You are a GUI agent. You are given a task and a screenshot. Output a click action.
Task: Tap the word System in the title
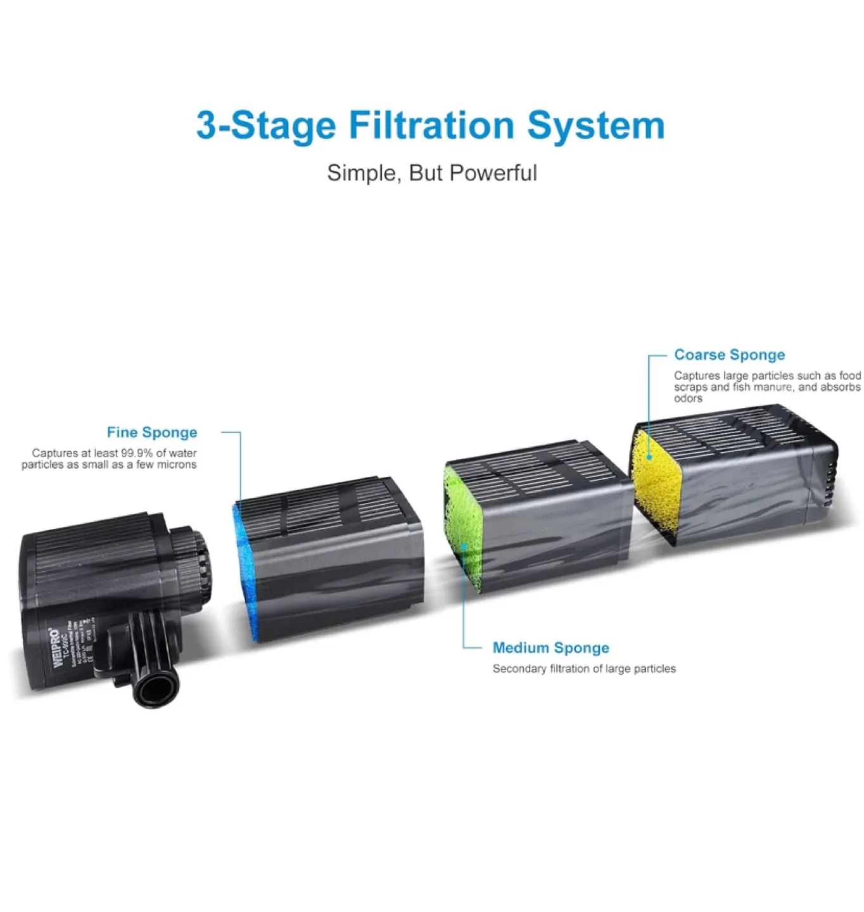point(596,125)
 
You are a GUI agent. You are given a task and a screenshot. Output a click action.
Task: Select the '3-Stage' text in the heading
point(265,125)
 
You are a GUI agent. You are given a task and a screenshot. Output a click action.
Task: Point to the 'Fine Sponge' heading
point(151,433)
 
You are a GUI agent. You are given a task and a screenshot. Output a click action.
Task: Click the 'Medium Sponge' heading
point(550,648)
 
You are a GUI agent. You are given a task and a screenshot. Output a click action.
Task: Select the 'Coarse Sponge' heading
point(729,355)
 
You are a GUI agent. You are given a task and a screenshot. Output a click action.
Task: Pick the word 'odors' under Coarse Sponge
point(688,399)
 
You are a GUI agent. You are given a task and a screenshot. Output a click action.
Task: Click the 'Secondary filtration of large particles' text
point(584,669)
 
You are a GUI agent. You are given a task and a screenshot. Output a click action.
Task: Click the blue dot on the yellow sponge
point(649,457)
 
